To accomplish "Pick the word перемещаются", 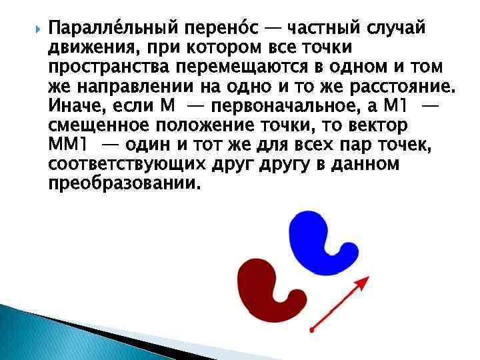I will click(x=248, y=68).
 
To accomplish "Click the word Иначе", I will click(x=75, y=107).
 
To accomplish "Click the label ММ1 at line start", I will click(x=69, y=145).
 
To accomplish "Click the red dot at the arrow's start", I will click(x=312, y=329).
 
